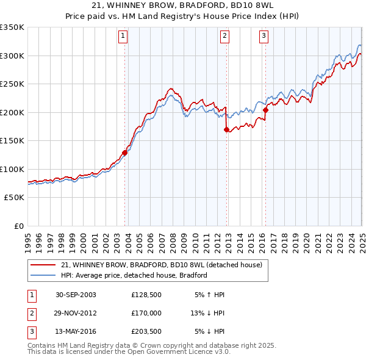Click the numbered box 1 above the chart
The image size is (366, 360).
123,36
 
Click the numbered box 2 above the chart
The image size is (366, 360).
224,36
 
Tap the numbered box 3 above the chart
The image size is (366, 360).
264,36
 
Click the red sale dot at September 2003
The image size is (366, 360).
125,153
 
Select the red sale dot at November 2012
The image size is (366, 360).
226,129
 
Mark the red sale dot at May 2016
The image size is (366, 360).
266,110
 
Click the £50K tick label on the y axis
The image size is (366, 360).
15,198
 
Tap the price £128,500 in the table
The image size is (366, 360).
146,295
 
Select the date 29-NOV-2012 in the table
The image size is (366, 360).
76,313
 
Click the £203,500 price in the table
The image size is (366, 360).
146,331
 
